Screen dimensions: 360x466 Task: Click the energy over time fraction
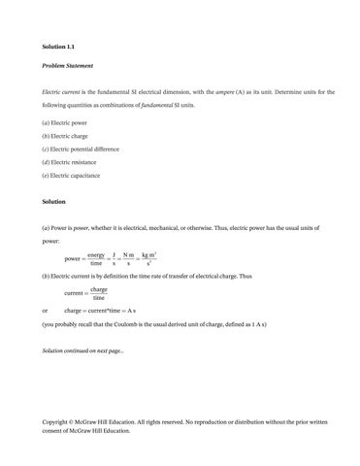pos(95,259)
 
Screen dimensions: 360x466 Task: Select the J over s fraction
pos(115,259)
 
